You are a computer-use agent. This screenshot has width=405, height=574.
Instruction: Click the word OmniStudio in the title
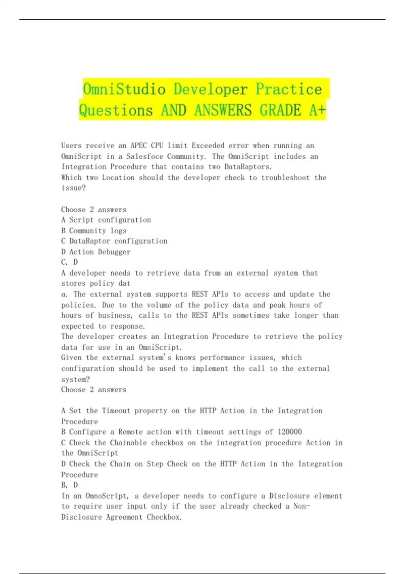point(124,89)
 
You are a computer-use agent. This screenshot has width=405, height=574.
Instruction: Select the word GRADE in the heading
point(280,110)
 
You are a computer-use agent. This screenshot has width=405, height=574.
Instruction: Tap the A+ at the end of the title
point(317,110)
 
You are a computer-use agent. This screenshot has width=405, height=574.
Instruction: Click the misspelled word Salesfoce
point(142,156)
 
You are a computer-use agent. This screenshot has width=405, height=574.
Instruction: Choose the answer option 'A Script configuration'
point(106,220)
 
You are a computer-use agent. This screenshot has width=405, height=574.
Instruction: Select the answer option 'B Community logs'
point(94,231)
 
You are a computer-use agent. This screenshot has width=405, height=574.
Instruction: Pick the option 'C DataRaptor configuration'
point(114,241)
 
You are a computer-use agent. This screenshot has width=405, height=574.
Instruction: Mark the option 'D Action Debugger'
point(96,252)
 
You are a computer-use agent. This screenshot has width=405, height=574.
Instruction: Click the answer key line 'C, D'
point(70,262)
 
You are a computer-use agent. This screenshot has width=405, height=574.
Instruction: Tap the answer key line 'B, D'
point(70,485)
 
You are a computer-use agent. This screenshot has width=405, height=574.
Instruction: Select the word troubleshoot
point(286,178)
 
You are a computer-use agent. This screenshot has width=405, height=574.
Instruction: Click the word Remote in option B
point(131,432)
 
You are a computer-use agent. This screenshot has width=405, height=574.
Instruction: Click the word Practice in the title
point(289,89)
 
